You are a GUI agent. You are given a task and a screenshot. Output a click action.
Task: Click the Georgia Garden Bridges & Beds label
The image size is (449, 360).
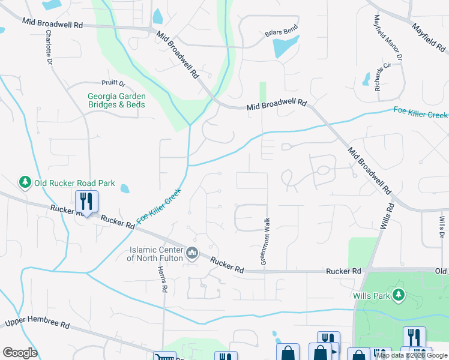(116, 100)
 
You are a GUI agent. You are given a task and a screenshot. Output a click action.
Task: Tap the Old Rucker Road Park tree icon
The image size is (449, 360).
(25, 182)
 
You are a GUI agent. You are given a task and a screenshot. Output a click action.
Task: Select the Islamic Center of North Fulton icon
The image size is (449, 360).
(192, 253)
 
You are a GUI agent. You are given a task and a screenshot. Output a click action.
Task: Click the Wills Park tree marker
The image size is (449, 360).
(397, 295)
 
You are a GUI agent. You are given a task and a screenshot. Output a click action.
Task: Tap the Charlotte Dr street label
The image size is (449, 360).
(48, 45)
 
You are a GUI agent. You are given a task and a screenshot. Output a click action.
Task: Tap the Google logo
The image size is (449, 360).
(20, 353)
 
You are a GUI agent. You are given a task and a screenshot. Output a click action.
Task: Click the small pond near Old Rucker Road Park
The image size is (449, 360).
(125, 188)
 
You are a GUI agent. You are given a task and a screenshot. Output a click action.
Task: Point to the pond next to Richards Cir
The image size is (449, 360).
(366, 79)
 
